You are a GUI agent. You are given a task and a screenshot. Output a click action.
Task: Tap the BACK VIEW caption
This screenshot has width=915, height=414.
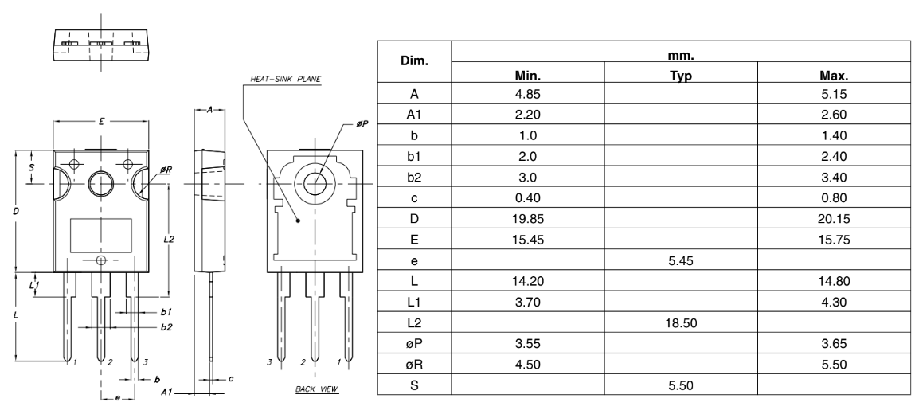pos(316,389)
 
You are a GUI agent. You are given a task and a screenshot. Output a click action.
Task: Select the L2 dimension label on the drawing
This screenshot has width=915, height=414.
pos(169,238)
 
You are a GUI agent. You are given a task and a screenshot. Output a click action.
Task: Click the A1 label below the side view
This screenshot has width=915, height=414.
pos(166,393)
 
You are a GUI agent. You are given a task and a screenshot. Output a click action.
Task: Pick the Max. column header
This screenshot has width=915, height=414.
pos(832,76)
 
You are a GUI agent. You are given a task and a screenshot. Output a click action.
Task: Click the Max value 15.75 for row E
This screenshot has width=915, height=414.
pos(832,239)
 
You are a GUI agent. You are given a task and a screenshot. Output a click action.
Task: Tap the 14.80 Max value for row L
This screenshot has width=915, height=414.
pos(832,280)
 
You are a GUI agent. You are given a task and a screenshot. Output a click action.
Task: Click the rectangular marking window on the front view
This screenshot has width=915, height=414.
pos(100,236)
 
